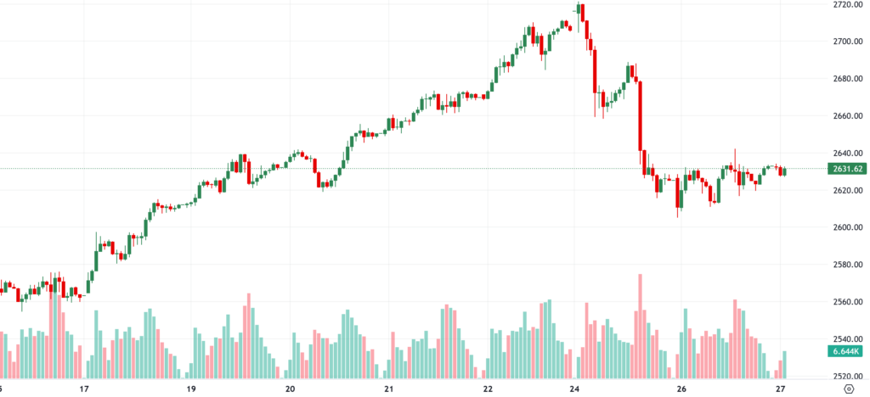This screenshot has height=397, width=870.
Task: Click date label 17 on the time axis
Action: pos(84,389)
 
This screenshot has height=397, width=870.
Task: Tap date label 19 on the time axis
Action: pos(191,389)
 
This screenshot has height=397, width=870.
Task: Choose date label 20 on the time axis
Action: pos(290,389)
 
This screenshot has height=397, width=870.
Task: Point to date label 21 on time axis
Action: pos(388,389)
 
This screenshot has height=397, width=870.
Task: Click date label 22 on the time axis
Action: pos(488,389)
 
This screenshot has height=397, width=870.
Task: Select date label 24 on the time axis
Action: pos(575,389)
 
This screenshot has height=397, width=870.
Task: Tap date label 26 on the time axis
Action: pos(681,389)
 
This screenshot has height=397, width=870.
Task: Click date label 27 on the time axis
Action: pos(780,389)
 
